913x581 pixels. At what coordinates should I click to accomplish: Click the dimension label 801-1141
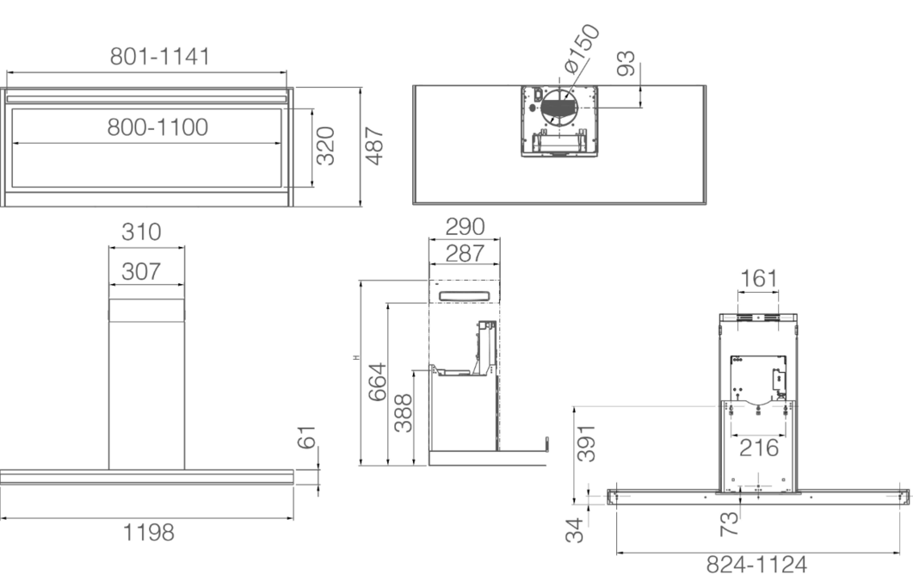coord(159,57)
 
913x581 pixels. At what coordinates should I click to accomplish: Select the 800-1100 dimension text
coord(157,127)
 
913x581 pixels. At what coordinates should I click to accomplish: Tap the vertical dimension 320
coord(325,145)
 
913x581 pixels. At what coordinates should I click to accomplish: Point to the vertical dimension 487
coord(373,145)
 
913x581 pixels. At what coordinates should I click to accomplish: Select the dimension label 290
coord(465,226)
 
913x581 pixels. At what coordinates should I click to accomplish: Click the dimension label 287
coord(465,253)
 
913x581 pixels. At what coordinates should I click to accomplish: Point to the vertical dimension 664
coord(377,381)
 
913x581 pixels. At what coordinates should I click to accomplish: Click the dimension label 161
coord(758,279)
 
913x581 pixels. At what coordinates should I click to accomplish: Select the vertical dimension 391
coord(586,442)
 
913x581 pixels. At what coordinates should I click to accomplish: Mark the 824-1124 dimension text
coord(756,565)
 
